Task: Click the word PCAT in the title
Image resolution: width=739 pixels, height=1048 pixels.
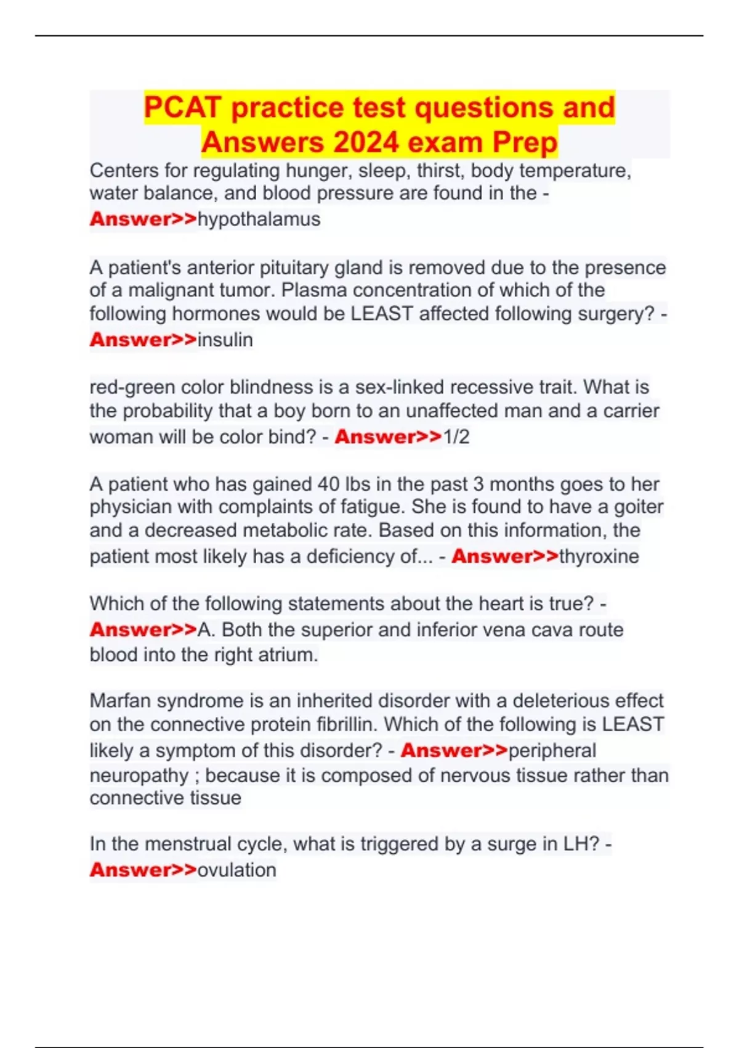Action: click(x=182, y=108)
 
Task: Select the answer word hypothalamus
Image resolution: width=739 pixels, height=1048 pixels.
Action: click(x=259, y=219)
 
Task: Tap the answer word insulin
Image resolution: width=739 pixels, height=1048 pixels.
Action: click(x=225, y=340)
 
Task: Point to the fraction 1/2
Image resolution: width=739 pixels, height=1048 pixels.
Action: click(x=456, y=437)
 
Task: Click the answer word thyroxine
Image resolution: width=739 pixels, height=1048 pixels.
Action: click(x=599, y=557)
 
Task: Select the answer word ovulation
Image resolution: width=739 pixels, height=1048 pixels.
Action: click(x=236, y=870)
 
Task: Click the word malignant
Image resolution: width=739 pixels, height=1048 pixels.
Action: click(x=171, y=290)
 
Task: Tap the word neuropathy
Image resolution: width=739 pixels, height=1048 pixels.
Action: click(x=139, y=776)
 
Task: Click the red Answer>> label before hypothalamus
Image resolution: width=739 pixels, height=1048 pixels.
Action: click(x=143, y=219)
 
